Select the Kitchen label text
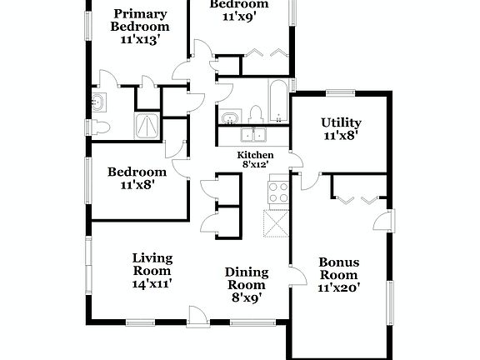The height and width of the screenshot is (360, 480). click(x=256, y=156)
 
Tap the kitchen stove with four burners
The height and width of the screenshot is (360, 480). click(x=277, y=192)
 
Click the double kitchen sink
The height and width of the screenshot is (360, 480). click(x=253, y=135)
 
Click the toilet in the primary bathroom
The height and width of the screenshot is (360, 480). click(x=101, y=127)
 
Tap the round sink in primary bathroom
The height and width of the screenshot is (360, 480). click(x=100, y=103)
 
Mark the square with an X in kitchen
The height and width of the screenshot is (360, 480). click(x=276, y=225)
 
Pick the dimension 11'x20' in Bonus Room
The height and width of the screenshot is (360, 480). click(x=339, y=287)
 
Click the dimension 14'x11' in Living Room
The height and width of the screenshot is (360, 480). click(x=152, y=283)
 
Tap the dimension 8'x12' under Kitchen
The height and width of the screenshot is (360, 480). click(x=256, y=166)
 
